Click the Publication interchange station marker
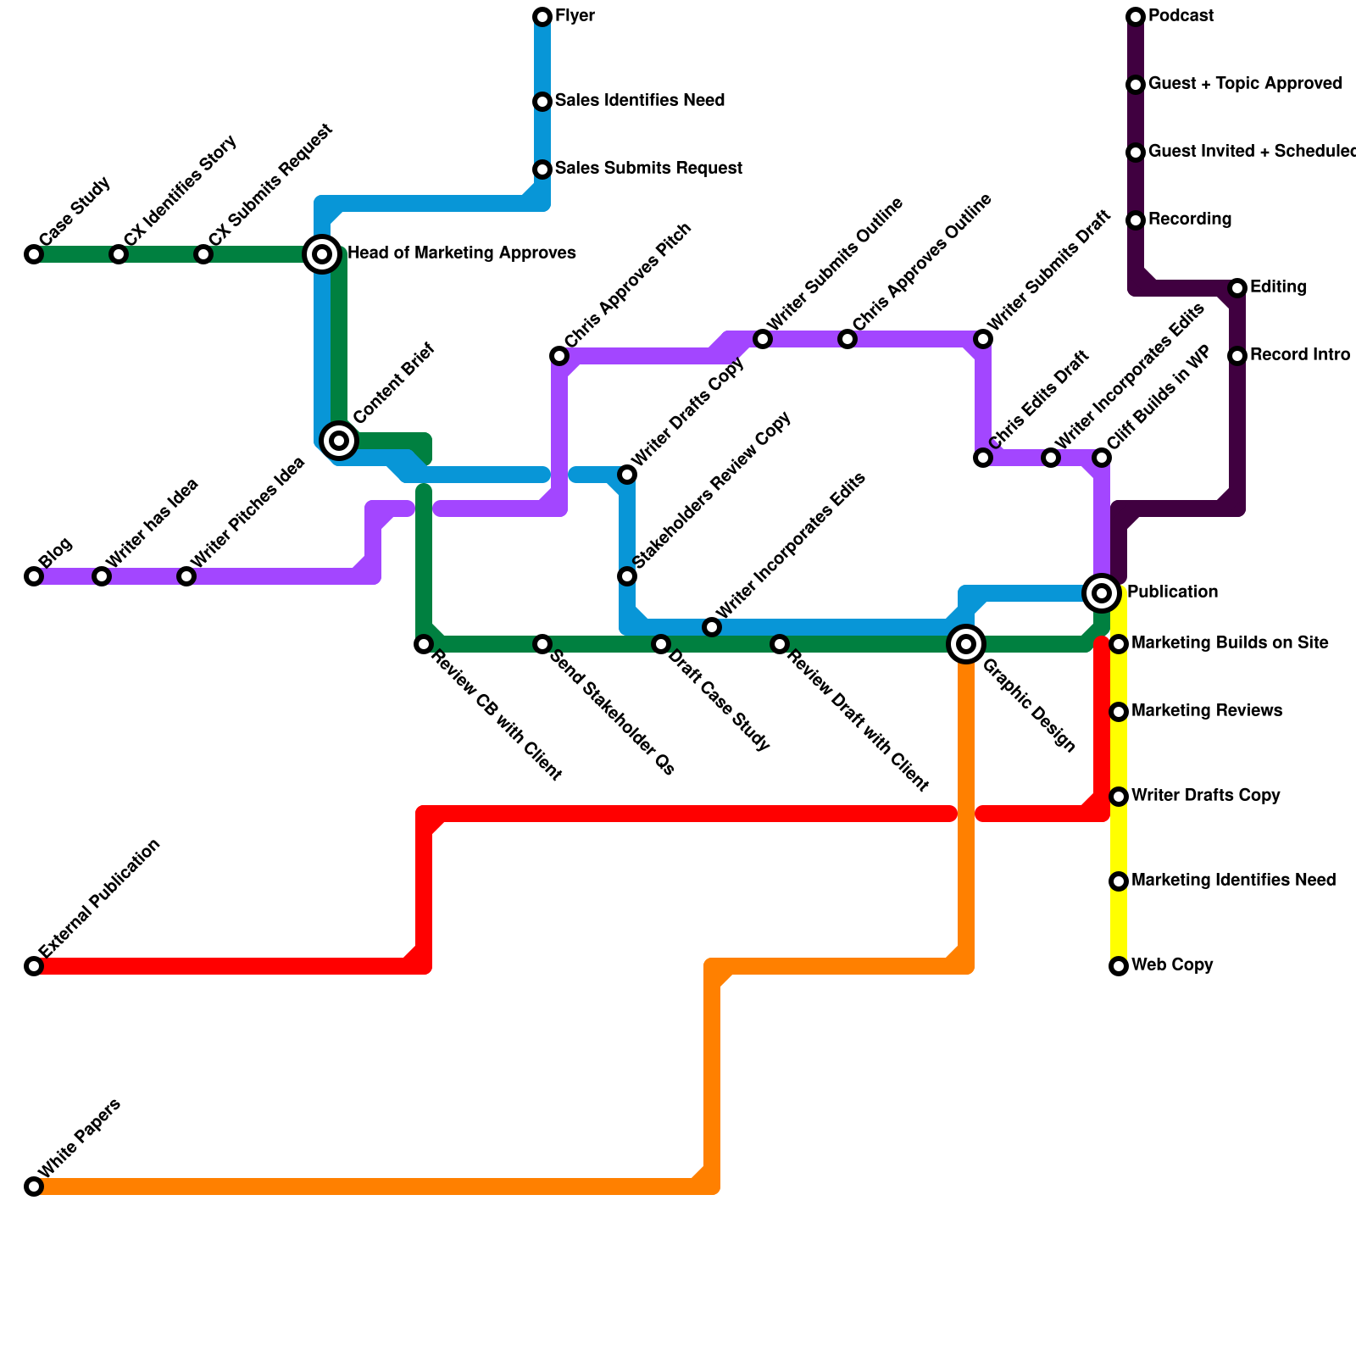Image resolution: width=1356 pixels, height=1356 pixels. point(1102,593)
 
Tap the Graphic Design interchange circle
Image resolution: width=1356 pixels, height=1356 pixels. point(966,644)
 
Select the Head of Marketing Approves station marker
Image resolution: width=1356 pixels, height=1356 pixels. point(322,253)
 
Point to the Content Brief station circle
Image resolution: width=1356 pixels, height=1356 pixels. point(339,440)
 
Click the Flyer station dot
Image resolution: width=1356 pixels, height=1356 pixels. point(542,17)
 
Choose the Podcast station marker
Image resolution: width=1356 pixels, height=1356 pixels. point(1136,17)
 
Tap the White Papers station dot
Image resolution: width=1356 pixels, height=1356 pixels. point(34,1186)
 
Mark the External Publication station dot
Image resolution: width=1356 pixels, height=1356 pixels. point(34,966)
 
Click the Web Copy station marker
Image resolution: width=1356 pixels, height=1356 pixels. point(1119,966)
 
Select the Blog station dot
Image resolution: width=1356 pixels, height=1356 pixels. point(34,576)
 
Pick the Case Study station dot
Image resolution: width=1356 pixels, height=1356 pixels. point(34,254)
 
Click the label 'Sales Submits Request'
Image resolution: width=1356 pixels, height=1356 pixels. point(648,169)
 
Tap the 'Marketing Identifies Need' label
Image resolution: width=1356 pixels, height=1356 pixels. point(1233,881)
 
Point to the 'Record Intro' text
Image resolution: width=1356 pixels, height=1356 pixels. point(1299,355)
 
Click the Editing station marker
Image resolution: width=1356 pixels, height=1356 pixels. point(1237,288)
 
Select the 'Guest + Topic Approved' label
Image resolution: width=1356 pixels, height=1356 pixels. point(1245,84)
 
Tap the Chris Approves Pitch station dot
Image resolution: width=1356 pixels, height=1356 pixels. point(559,356)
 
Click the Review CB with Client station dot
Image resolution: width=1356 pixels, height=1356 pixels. point(424,644)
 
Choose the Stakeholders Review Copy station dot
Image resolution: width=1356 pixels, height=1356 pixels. point(627,576)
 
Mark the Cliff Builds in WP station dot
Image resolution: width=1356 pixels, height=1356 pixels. point(1102,458)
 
